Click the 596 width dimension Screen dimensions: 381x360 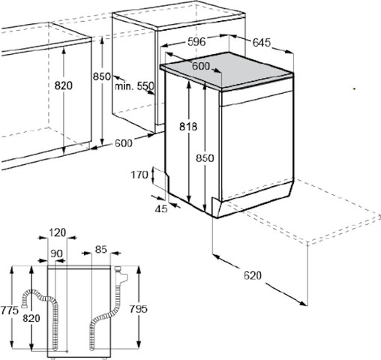[x=196, y=42]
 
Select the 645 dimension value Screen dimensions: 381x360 [x=262, y=43]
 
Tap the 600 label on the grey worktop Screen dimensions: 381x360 [x=201, y=66]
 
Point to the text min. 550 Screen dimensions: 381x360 [x=134, y=86]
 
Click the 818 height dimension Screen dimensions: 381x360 [x=188, y=127]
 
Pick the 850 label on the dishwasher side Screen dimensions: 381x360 [x=205, y=158]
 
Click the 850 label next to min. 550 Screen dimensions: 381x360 [x=102, y=76]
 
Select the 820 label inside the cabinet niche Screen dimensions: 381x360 [x=64, y=85]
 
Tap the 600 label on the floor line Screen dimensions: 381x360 [x=124, y=143]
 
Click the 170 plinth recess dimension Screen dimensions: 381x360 [x=139, y=175]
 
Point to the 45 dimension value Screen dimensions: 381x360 [x=161, y=208]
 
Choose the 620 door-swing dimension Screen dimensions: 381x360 [x=253, y=275]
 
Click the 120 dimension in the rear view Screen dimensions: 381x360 [x=57, y=232]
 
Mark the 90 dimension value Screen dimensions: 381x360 [x=56, y=253]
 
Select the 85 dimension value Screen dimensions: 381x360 [x=101, y=249]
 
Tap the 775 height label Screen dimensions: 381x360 [x=10, y=310]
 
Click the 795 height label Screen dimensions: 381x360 [x=138, y=309]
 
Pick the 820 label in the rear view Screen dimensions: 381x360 [x=31, y=318]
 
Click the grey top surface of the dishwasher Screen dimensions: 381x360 [x=226, y=70]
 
